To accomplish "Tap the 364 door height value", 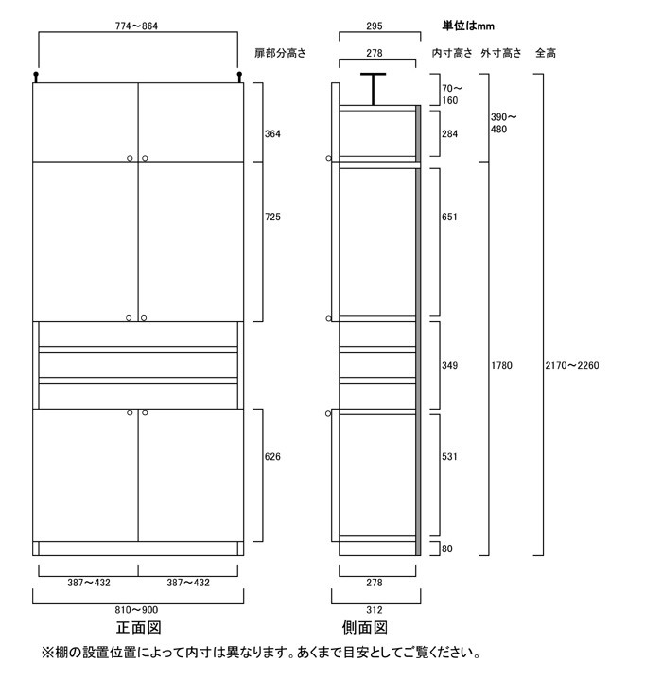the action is [272, 133].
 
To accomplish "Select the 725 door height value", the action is [272, 218].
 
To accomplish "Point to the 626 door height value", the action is [272, 457].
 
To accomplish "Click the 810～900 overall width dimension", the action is [138, 610].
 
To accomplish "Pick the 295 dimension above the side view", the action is [375, 26].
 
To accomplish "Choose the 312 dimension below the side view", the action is [375, 610].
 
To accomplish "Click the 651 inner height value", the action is [449, 218].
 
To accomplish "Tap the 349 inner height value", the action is [449, 365].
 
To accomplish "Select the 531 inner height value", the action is [449, 457].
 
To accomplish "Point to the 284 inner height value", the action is [449, 133].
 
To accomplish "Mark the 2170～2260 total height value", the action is [574, 365].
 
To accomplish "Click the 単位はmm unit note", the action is [468, 26].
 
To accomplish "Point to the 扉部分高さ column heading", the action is [281, 53].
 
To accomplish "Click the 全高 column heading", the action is [546, 53].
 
